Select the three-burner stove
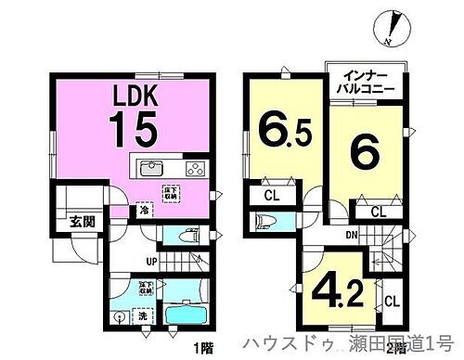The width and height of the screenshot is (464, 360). pos(197,169)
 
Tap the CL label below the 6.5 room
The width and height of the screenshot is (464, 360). pos(271,195)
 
